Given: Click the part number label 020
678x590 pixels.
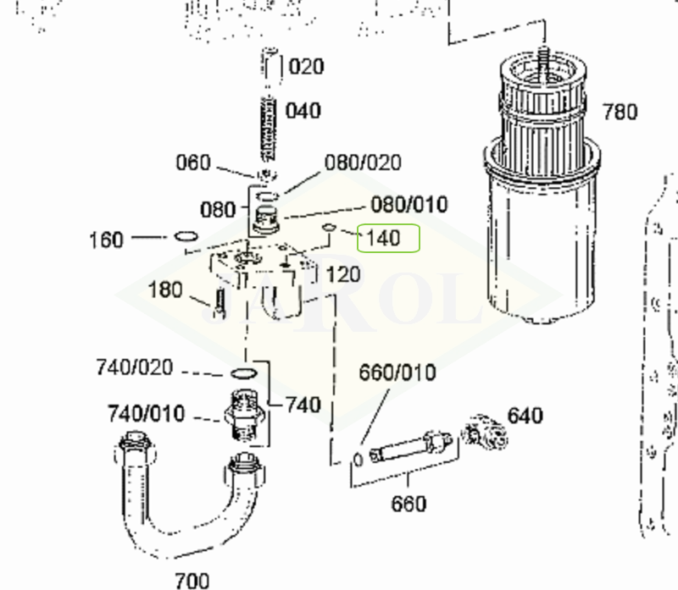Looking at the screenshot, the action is [306, 67].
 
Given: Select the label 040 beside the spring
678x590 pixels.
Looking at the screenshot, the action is [303, 111].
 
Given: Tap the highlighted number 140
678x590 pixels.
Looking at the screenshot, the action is [383, 238].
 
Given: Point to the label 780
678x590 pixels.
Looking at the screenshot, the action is [620, 113].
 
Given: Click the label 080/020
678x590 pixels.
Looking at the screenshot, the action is [363, 163].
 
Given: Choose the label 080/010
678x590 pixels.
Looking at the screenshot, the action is [409, 204].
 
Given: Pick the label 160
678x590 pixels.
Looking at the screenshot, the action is [107, 240].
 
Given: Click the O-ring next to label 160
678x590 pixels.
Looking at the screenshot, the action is [186, 236].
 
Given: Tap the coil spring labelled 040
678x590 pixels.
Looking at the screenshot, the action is [269, 130].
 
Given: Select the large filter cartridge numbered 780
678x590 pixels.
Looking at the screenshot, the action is [542, 190].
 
